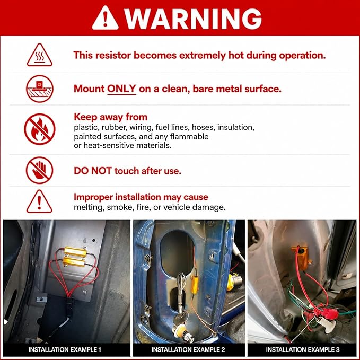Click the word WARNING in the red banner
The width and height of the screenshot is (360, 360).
(194, 19)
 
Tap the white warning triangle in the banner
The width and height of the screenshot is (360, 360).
(105, 18)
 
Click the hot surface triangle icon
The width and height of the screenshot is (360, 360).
(39, 55)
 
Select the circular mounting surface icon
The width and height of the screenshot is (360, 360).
(39, 89)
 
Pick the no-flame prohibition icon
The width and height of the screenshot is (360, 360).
(39, 129)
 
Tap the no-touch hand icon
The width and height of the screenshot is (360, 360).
(39, 170)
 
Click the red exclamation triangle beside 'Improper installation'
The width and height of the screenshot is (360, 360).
(39, 201)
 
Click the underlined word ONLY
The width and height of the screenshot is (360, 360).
(121, 89)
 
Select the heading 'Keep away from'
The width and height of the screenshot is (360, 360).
(110, 117)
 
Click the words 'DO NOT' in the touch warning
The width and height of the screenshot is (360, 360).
(93, 171)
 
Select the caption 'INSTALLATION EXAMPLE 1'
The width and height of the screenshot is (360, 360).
(65, 350)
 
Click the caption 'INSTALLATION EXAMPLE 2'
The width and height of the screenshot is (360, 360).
(188, 350)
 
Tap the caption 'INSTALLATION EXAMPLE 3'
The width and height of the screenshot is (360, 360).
(303, 350)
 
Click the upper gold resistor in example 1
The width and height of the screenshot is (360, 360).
(75, 252)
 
